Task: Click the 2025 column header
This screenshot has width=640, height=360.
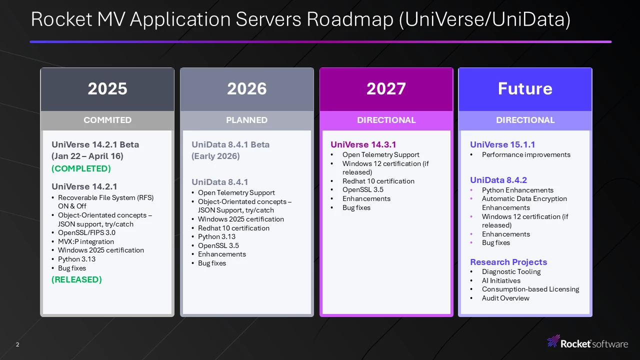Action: pyautogui.click(x=107, y=88)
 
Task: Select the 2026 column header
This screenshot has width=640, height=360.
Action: pyautogui.click(x=247, y=88)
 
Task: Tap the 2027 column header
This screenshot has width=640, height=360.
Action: pyautogui.click(x=386, y=88)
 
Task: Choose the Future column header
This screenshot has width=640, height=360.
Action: pyautogui.click(x=525, y=88)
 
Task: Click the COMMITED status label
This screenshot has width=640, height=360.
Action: pyautogui.click(x=107, y=120)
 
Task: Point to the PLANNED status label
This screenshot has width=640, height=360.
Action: pyautogui.click(x=247, y=120)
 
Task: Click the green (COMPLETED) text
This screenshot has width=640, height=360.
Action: pyautogui.click(x=81, y=168)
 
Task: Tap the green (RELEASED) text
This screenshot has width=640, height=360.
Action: pyautogui.click(x=76, y=279)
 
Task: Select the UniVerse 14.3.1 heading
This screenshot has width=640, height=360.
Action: pyautogui.click(x=363, y=144)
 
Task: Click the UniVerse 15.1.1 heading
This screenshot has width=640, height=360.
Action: pyautogui.click(x=502, y=144)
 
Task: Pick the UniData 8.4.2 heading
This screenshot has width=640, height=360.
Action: pyautogui.click(x=498, y=180)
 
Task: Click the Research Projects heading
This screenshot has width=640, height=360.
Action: pyautogui.click(x=508, y=262)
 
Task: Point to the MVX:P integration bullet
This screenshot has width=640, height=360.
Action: pyautogui.click(x=86, y=241)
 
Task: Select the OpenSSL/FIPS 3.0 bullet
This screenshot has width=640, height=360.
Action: pyautogui.click(x=86, y=232)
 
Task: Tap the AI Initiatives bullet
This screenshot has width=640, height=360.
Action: pyautogui.click(x=501, y=280)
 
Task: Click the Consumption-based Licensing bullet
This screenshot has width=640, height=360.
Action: pyautogui.click(x=530, y=289)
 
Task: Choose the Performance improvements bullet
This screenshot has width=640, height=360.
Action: pyautogui.click(x=526, y=154)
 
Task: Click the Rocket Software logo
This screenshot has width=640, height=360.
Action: pyautogui.click(x=587, y=342)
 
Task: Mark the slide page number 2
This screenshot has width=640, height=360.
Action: pyautogui.click(x=17, y=344)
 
